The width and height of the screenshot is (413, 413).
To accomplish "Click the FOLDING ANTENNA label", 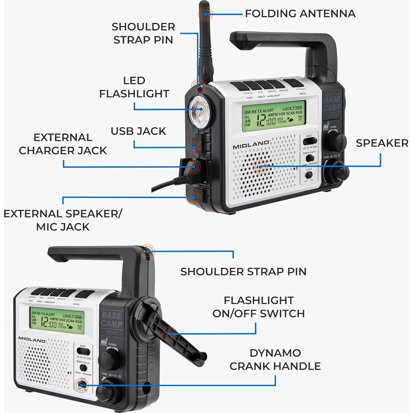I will pyautogui.click(x=300, y=14).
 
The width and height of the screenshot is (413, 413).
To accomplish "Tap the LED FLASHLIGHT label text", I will pyautogui.click(x=134, y=87).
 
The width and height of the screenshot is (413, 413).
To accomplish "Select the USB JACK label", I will pyautogui.click(x=138, y=131).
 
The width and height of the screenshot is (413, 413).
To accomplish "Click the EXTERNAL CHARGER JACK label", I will pyautogui.click(x=63, y=144).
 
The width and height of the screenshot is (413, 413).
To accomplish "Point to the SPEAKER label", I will pyautogui.click(x=382, y=143).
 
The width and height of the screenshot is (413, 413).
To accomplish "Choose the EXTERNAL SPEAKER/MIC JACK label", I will pyautogui.click(x=63, y=220).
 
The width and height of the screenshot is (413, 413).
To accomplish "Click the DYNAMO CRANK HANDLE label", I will pyautogui.click(x=275, y=359).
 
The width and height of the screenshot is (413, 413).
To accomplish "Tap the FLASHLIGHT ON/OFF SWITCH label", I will pyautogui.click(x=259, y=307).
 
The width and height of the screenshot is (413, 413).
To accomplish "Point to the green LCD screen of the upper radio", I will pyautogui.click(x=274, y=116).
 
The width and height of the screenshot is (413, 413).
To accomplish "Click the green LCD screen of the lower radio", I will pyautogui.click(x=57, y=320).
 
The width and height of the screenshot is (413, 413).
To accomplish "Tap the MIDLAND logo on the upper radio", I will pyautogui.click(x=251, y=145).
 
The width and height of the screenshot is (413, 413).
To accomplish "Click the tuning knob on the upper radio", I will pyautogui.click(x=336, y=141).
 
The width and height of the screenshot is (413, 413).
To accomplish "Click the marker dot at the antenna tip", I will pyautogui.click(x=205, y=14).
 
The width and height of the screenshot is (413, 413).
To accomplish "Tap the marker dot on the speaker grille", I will pyautogui.click(x=260, y=167).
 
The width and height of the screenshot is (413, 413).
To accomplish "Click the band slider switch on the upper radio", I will pyautogui.click(x=310, y=141).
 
